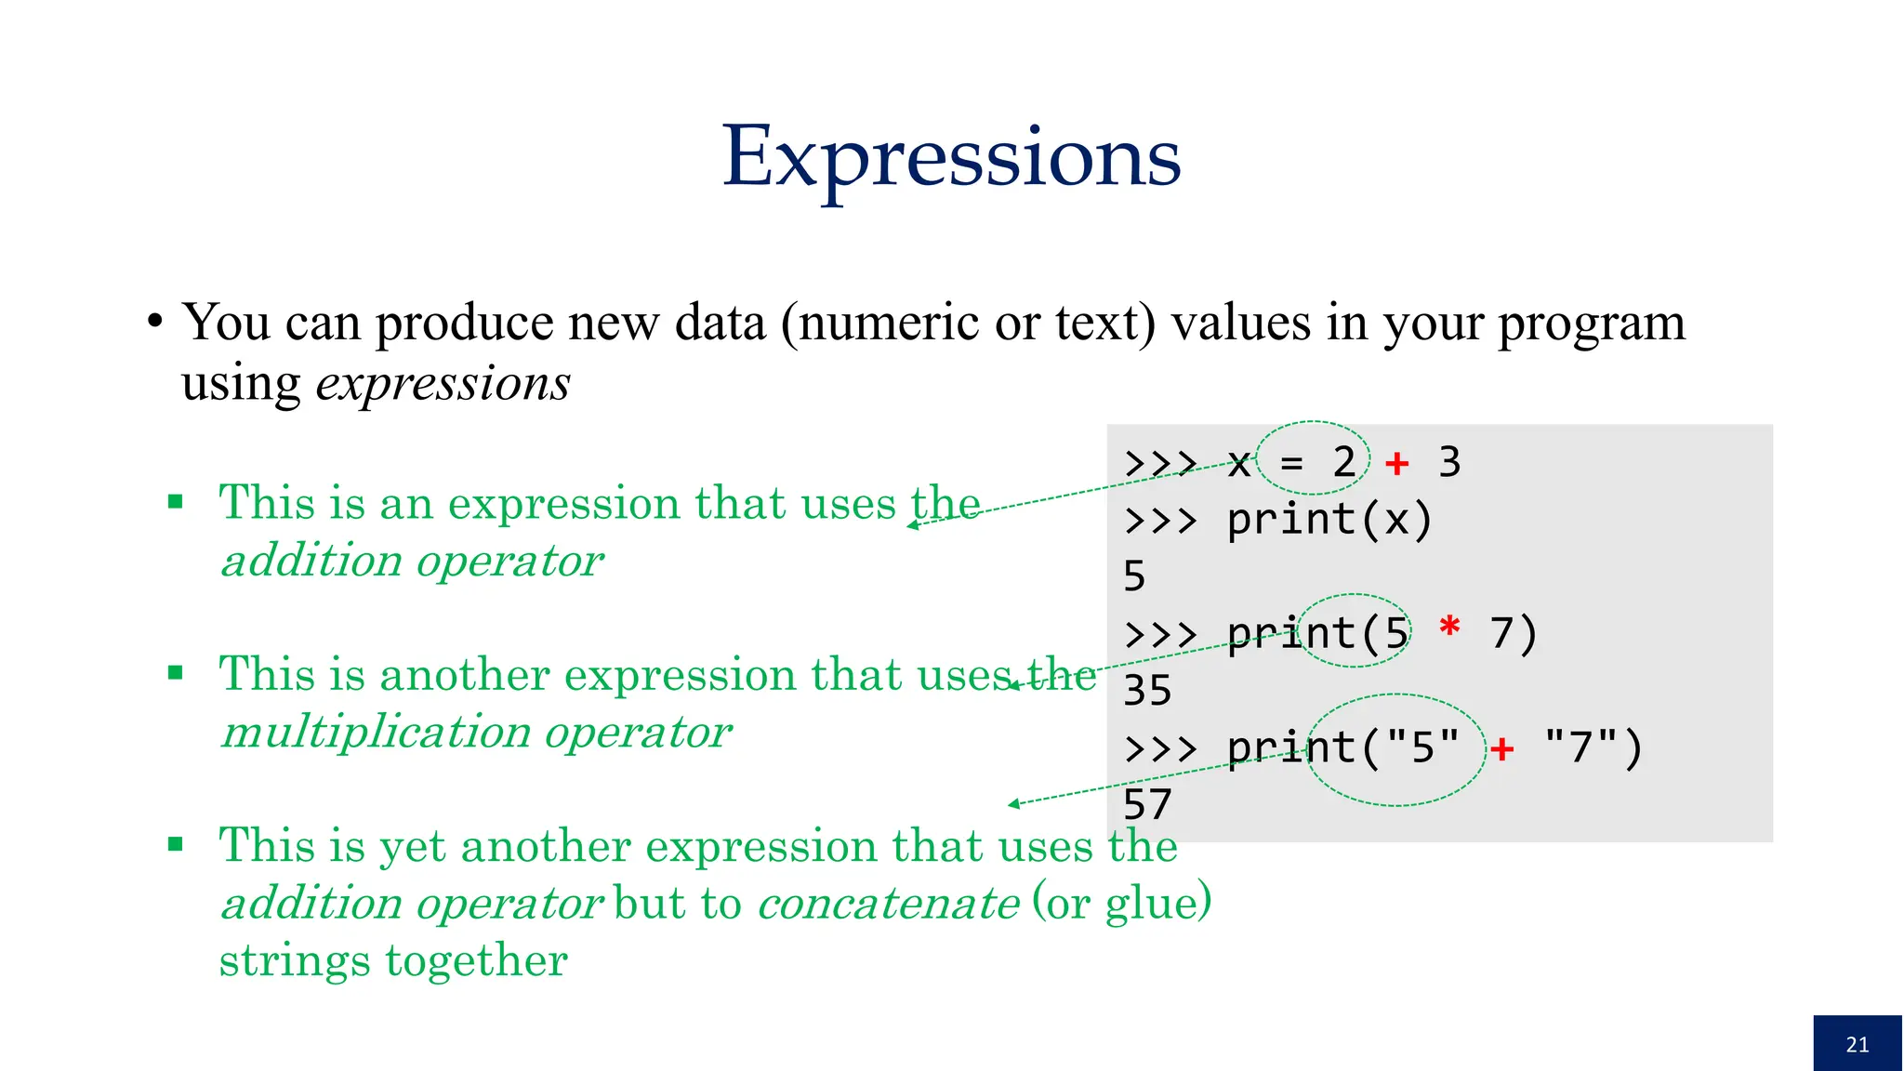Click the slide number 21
pyautogui.click(x=1857, y=1044)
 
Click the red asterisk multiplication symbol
pyautogui.click(x=1448, y=628)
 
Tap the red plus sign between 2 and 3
pyautogui.click(x=1396, y=463)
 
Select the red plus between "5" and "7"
pyautogui.click(x=1501, y=747)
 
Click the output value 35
pyautogui.click(x=1147, y=691)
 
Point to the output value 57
pyautogui.click(x=1147, y=804)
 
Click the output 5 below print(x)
pyautogui.click(x=1134, y=576)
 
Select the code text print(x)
pyautogui.click(x=1329, y=520)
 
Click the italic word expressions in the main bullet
pyautogui.click(x=443, y=383)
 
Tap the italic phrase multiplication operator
pyautogui.click(x=476, y=732)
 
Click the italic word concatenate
pyautogui.click(x=889, y=903)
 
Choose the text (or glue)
pyautogui.click(x=1122, y=903)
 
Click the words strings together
pyautogui.click(x=393, y=960)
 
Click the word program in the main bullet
pyautogui.click(x=1591, y=324)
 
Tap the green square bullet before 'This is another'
pyautogui.click(x=176, y=672)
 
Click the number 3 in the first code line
pyautogui.click(x=1449, y=463)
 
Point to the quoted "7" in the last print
pyautogui.click(x=1580, y=747)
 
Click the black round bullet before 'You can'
pyautogui.click(x=155, y=323)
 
